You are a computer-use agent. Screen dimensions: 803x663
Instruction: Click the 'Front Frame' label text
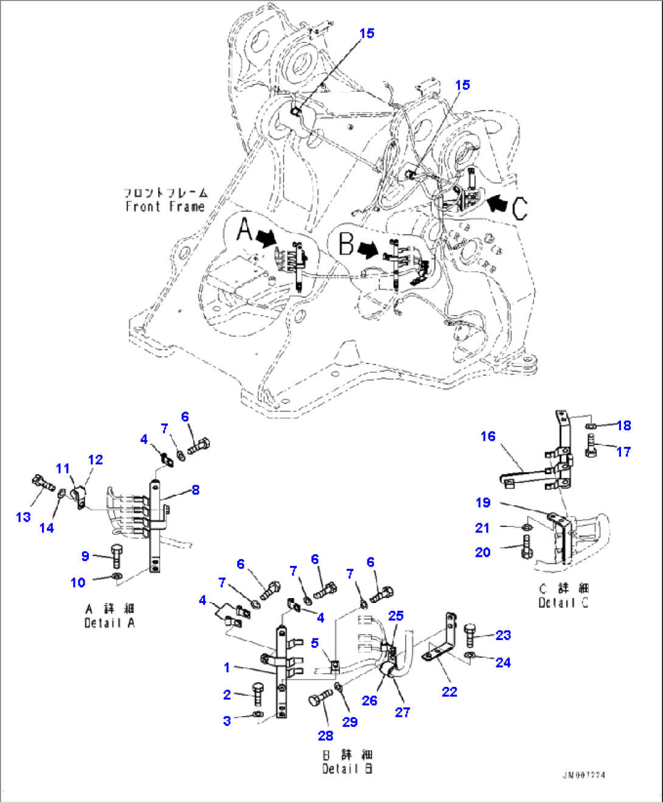(165, 207)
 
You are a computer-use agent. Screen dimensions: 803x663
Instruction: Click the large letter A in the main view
(244, 230)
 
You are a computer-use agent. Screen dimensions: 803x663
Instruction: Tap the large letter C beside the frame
(519, 208)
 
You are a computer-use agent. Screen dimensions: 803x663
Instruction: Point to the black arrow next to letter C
(498, 203)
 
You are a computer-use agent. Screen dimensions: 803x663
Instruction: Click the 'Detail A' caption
(109, 623)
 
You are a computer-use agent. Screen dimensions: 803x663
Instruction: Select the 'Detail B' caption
(347, 769)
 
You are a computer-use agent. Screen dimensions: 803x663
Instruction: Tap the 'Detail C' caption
(563, 602)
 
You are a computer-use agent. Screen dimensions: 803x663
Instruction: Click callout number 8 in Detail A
(195, 490)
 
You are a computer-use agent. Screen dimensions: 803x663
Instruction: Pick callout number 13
(23, 517)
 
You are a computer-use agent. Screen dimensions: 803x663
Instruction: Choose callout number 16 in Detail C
(488, 436)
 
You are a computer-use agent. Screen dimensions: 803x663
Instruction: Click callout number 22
(450, 692)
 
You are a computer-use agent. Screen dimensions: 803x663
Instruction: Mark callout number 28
(325, 736)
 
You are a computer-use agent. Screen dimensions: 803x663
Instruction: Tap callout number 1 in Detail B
(227, 667)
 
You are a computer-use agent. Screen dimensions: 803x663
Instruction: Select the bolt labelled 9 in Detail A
(116, 556)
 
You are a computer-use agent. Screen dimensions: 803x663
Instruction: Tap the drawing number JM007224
(583, 775)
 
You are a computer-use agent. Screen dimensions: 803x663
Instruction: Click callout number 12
(95, 460)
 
